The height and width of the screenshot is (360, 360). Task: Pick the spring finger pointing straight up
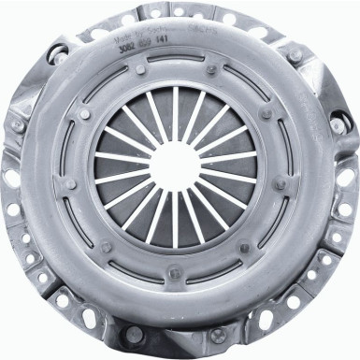pos(175,111)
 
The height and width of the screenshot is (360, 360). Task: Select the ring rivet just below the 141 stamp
pos(212,68)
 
